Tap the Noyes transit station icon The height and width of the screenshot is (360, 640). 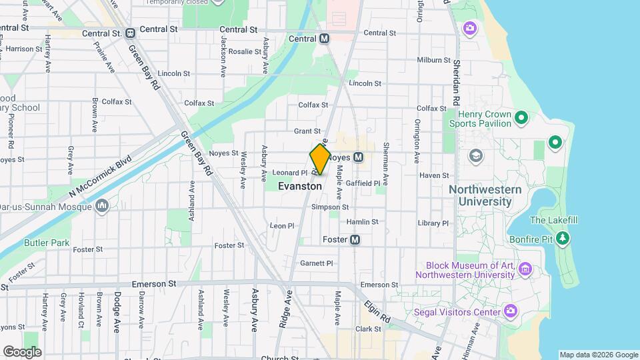[x=358, y=157]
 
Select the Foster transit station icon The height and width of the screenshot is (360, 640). [x=355, y=239]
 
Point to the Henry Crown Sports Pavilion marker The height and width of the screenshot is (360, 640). [x=521, y=119]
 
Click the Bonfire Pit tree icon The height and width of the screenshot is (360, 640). [x=563, y=237]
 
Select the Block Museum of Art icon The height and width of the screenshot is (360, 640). [x=525, y=269]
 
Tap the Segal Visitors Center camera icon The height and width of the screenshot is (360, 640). [x=511, y=311]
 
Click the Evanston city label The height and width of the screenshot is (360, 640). [x=300, y=187]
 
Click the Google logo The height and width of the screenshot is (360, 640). [x=22, y=351]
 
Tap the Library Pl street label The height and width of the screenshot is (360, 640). [x=433, y=223]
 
